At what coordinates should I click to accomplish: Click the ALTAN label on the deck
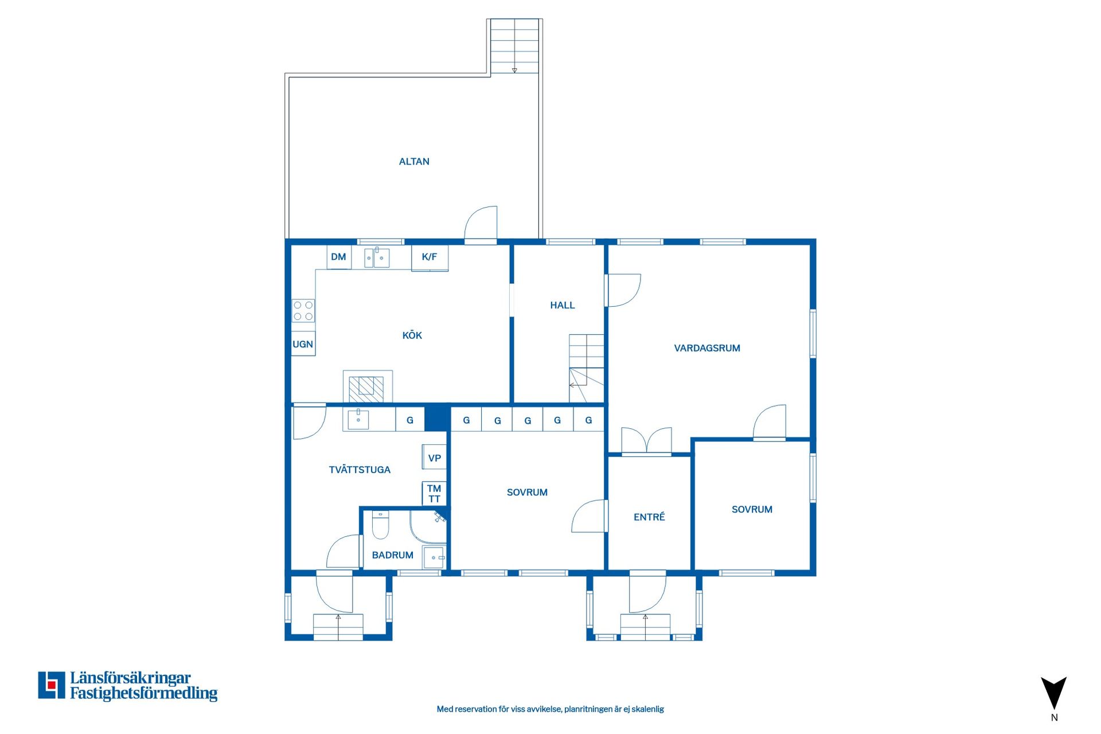(414, 162)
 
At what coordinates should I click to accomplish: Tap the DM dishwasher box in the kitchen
(339, 257)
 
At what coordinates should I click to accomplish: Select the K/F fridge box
(430, 257)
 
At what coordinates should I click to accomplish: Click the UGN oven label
(303, 344)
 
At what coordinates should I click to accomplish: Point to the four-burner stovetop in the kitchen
(303, 311)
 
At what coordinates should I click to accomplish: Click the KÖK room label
(412, 335)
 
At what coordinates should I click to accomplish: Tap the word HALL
(563, 306)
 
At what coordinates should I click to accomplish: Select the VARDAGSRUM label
(707, 348)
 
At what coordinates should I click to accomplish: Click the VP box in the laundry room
(434, 458)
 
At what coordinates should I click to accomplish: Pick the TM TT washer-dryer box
(434, 494)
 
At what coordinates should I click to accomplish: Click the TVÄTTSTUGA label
(360, 470)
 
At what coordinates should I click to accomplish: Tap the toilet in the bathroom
(381, 525)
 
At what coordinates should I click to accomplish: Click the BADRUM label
(393, 555)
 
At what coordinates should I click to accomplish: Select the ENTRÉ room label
(649, 517)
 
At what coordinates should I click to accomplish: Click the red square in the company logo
(52, 685)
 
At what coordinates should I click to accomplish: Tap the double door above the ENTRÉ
(646, 441)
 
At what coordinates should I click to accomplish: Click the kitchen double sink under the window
(377, 257)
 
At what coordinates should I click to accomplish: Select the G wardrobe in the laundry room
(410, 420)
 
